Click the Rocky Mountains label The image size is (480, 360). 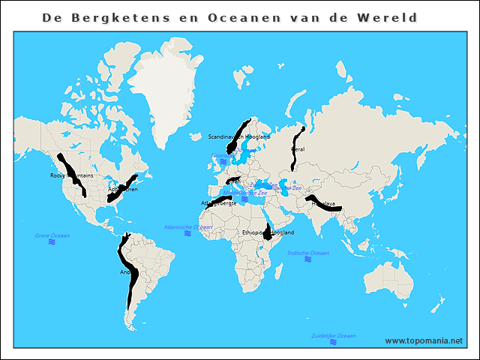[x=71, y=175]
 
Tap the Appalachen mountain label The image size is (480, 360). [x=122, y=189]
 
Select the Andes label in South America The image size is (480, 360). [x=126, y=271]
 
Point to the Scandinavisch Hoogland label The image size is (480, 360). [x=238, y=137]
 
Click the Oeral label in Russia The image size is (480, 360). [x=298, y=148]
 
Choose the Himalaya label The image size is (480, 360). [x=323, y=203]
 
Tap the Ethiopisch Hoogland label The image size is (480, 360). [x=268, y=232]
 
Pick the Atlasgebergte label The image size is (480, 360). [x=219, y=202]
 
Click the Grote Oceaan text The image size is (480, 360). [x=52, y=235]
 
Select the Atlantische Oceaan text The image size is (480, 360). [x=187, y=226]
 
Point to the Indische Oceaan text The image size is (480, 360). [x=307, y=253]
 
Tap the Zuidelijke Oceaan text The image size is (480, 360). [x=333, y=335]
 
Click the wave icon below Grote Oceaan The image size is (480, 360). [x=52, y=242]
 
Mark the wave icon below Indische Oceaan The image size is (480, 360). [x=309, y=260]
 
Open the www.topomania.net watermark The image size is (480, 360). [x=424, y=340]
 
